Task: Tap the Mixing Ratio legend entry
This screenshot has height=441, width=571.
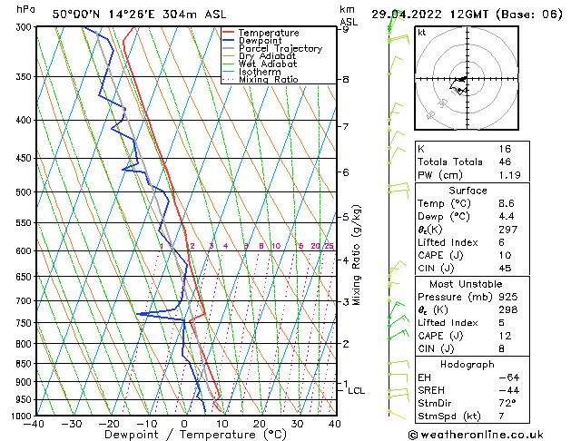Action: tap(268, 80)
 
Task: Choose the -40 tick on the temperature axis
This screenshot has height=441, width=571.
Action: tap(34, 424)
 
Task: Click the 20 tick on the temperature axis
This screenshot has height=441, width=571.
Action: tap(259, 424)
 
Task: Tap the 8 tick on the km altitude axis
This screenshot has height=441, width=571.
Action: tap(346, 80)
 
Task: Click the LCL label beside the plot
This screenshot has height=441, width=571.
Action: tap(357, 391)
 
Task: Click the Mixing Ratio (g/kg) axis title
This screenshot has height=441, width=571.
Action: tap(357, 254)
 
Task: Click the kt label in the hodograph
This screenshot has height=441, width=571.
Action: tap(422, 33)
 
